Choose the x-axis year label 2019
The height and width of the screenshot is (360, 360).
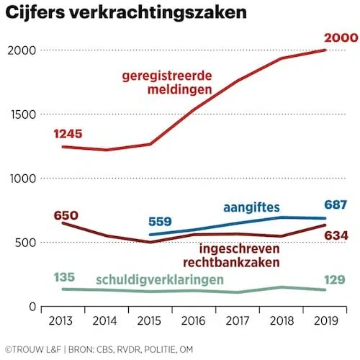[325, 318]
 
